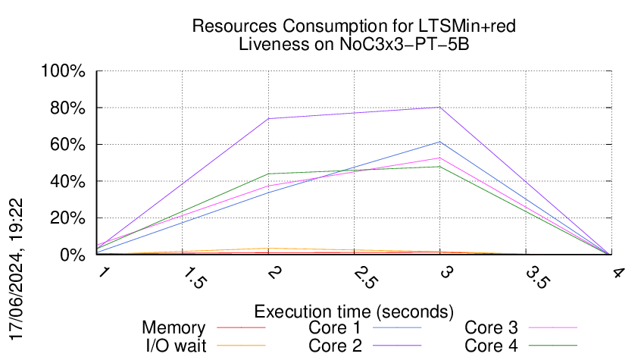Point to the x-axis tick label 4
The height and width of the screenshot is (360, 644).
pyautogui.click(x=618, y=273)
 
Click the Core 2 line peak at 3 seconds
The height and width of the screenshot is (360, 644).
pyautogui.click(x=440, y=108)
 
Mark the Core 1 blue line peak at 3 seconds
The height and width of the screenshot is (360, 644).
pyautogui.click(x=440, y=142)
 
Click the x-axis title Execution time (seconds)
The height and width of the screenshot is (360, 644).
pyautogui.click(x=354, y=311)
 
